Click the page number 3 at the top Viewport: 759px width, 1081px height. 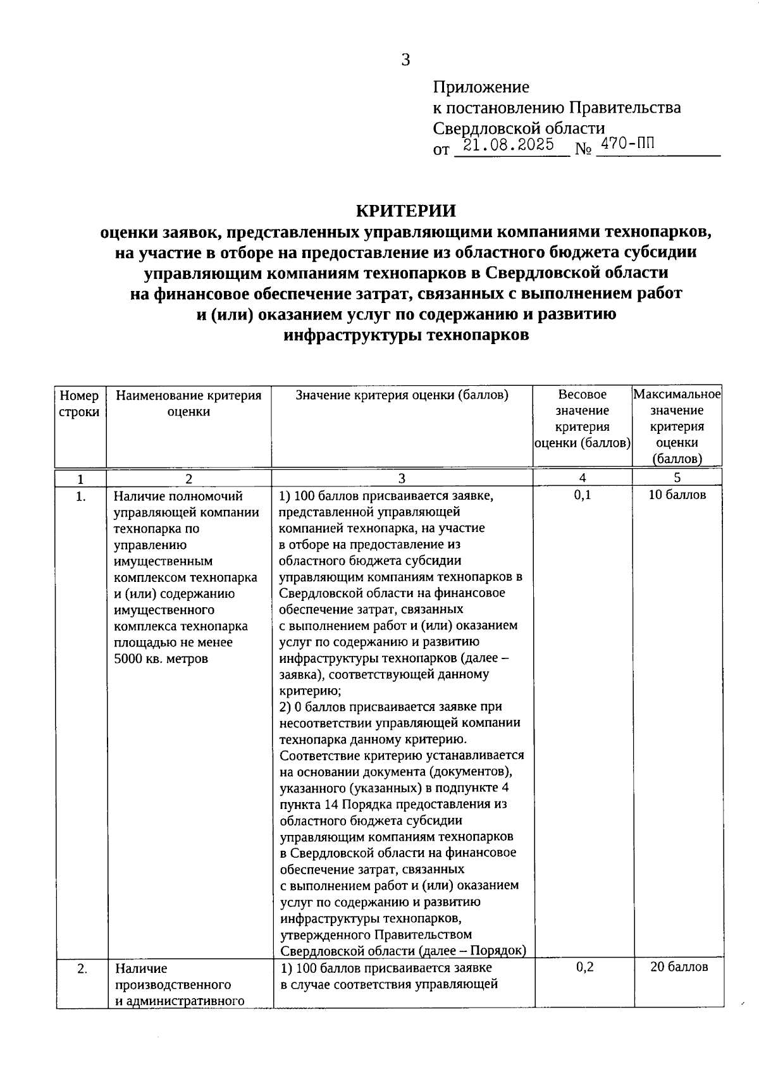[x=405, y=60]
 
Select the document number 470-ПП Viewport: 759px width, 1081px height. [x=627, y=144]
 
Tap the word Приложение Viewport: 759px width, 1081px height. [x=481, y=87]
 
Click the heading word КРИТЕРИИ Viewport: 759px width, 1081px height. [x=405, y=211]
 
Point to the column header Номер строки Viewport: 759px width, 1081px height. [x=80, y=404]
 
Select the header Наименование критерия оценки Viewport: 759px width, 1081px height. [x=188, y=404]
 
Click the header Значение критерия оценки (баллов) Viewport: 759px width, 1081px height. [x=402, y=395]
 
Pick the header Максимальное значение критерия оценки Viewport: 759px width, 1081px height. [x=677, y=427]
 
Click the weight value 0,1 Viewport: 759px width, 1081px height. [x=583, y=495]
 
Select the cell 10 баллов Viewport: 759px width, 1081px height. [x=677, y=495]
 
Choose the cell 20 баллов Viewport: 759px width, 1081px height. [x=679, y=967]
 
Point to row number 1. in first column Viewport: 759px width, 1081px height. [x=80, y=497]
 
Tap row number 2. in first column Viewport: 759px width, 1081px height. [x=82, y=968]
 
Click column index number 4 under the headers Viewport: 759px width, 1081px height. [x=582, y=478]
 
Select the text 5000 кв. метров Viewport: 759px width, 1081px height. [x=161, y=658]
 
